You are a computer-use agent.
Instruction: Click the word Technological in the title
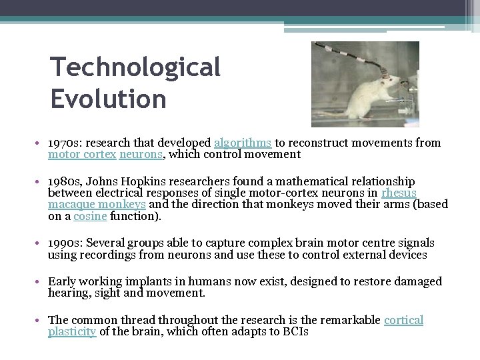135,66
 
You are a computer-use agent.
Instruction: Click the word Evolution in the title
108,99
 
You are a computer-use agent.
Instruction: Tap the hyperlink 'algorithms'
242,143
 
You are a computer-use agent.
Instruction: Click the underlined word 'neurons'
141,154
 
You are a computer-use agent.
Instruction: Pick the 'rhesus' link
399,193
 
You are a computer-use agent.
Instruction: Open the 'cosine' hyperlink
89,216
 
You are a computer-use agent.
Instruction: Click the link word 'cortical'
403,320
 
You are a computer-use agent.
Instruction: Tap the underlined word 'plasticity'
73,331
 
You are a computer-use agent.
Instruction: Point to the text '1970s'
63,143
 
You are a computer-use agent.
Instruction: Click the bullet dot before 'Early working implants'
41,282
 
